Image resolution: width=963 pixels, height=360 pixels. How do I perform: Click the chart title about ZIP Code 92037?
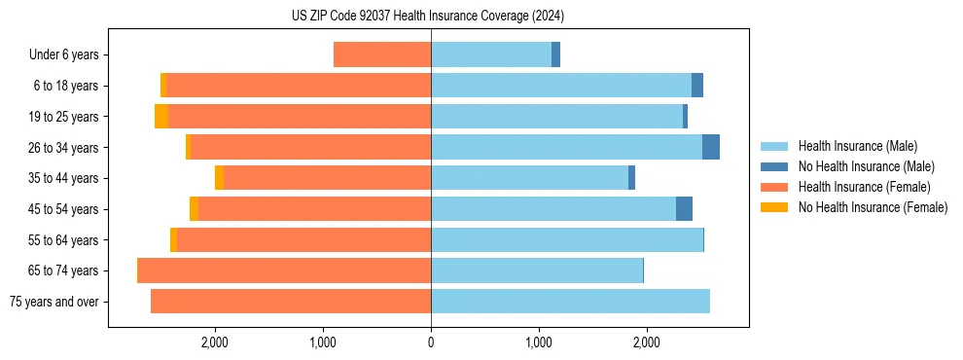[x=428, y=17]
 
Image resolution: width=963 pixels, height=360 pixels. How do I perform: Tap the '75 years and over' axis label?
[x=54, y=302]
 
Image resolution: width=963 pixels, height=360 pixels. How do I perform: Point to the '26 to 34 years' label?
[x=64, y=148]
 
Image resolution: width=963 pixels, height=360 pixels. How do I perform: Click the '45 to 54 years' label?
[x=64, y=209]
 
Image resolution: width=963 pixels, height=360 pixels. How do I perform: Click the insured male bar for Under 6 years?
[x=491, y=55]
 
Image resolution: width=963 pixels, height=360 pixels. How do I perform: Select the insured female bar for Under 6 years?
[x=382, y=55]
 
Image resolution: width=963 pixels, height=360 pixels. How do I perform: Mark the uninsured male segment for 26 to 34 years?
[x=711, y=148]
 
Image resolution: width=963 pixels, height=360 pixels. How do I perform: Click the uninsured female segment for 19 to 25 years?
[x=161, y=117]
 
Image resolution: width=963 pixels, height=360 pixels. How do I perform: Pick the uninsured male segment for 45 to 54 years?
[x=684, y=209]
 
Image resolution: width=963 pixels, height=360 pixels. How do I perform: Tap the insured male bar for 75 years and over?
[x=570, y=302]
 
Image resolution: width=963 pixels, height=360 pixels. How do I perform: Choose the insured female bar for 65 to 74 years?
[x=285, y=270]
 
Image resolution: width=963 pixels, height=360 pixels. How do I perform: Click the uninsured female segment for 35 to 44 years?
[x=220, y=178]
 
